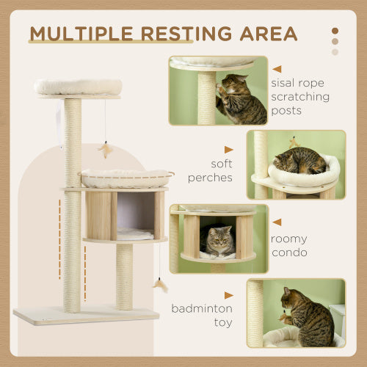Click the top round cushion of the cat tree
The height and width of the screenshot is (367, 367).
(78, 87)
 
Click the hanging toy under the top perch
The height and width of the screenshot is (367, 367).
(105, 150)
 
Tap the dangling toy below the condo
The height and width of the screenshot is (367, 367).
(159, 284)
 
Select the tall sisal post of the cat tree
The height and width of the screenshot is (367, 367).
(72, 206)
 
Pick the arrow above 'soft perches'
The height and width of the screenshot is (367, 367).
(228, 149)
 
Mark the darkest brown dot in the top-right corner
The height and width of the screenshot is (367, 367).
(335, 32)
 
